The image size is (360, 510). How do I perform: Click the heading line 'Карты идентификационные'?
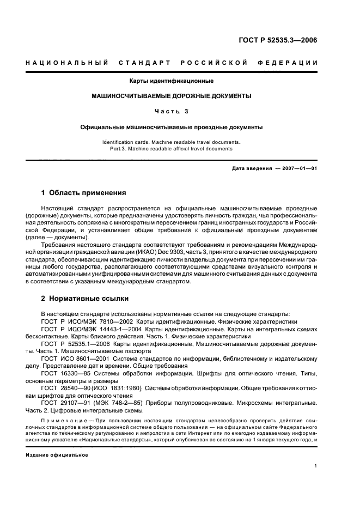171,81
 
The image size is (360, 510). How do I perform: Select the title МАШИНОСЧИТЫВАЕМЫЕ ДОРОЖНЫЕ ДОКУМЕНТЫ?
171,96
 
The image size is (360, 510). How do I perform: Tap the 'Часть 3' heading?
171,111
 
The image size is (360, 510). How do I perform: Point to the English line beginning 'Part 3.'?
171,148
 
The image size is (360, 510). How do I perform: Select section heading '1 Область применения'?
84,193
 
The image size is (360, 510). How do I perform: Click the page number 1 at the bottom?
316,466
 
